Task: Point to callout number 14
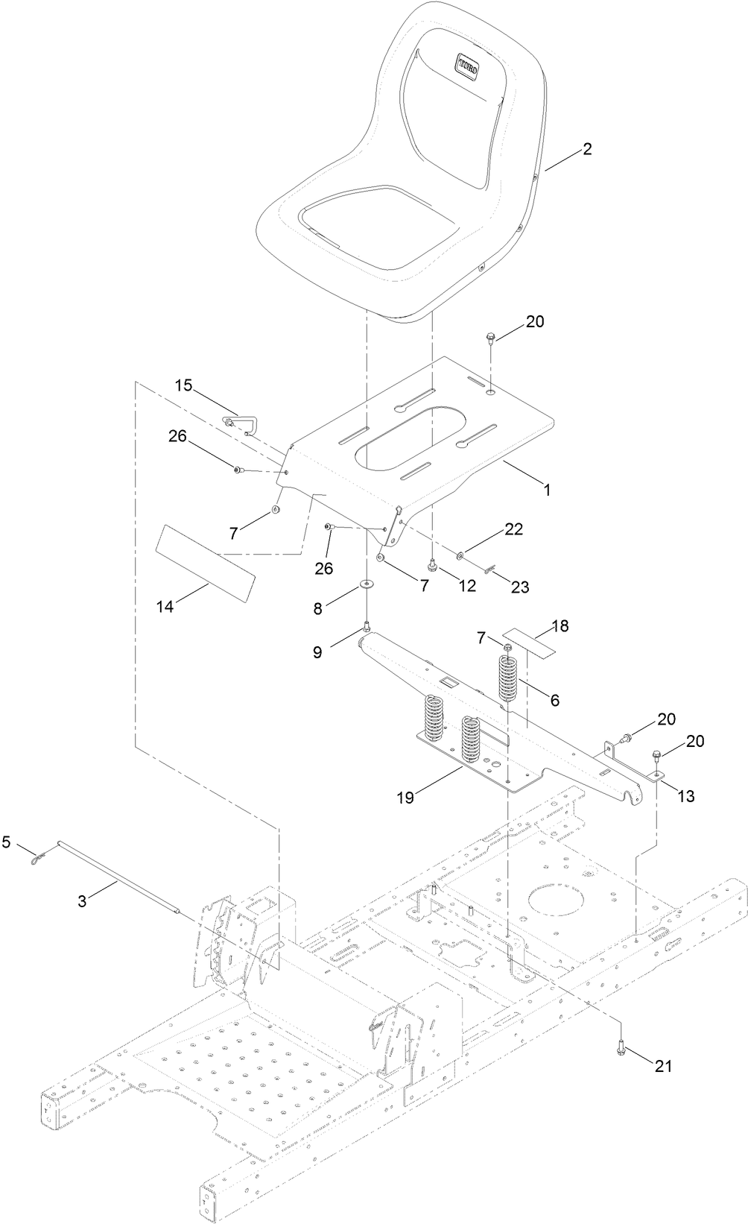pos(165,608)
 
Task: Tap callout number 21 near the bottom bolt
pos(662,1066)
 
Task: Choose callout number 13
pos(685,796)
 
